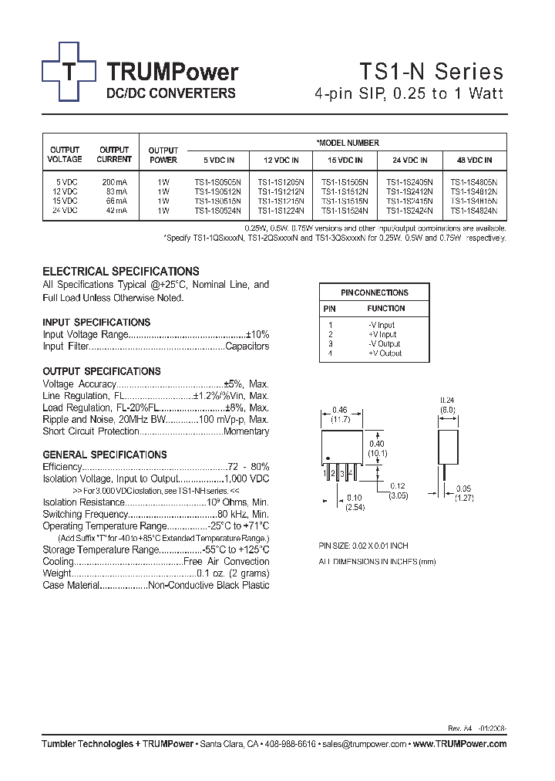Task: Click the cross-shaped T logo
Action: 69,72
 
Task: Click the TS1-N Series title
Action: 431,72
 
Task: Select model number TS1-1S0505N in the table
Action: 217,182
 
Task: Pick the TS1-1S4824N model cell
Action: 474,210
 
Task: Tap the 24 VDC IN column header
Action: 409,161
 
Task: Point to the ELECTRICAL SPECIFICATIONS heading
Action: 120,272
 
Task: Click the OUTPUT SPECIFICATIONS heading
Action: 102,371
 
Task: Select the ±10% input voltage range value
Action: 257,335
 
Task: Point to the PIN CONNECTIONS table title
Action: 375,292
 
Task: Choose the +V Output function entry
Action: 385,353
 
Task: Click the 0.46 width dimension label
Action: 340,410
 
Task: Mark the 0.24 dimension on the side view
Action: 447,401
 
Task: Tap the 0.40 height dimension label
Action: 377,444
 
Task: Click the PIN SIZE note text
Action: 364,546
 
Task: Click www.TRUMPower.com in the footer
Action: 459,744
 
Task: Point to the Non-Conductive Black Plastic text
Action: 209,586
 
